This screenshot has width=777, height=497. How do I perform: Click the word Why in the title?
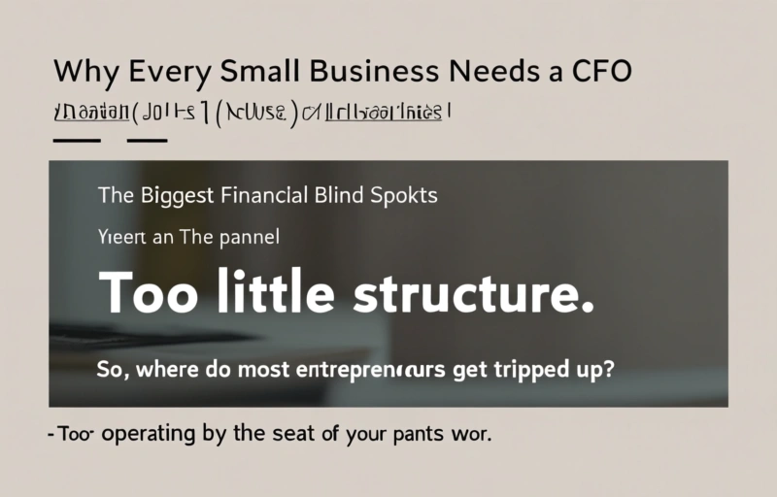point(81,74)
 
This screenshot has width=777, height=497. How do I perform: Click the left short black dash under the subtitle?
point(77,141)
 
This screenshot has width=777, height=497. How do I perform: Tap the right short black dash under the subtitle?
point(148,141)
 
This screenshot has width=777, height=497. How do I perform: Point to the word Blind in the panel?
point(341,194)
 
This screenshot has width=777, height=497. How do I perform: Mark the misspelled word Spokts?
point(404,195)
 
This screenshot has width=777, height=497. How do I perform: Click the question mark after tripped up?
point(609,368)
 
